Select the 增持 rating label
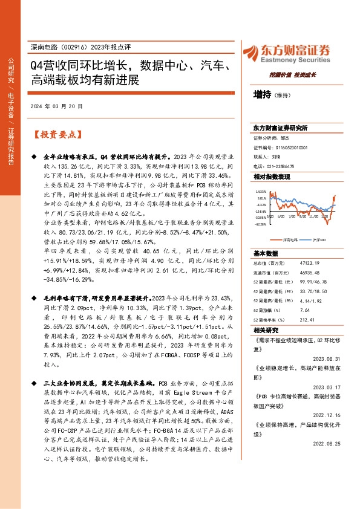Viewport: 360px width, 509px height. pos(261,94)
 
